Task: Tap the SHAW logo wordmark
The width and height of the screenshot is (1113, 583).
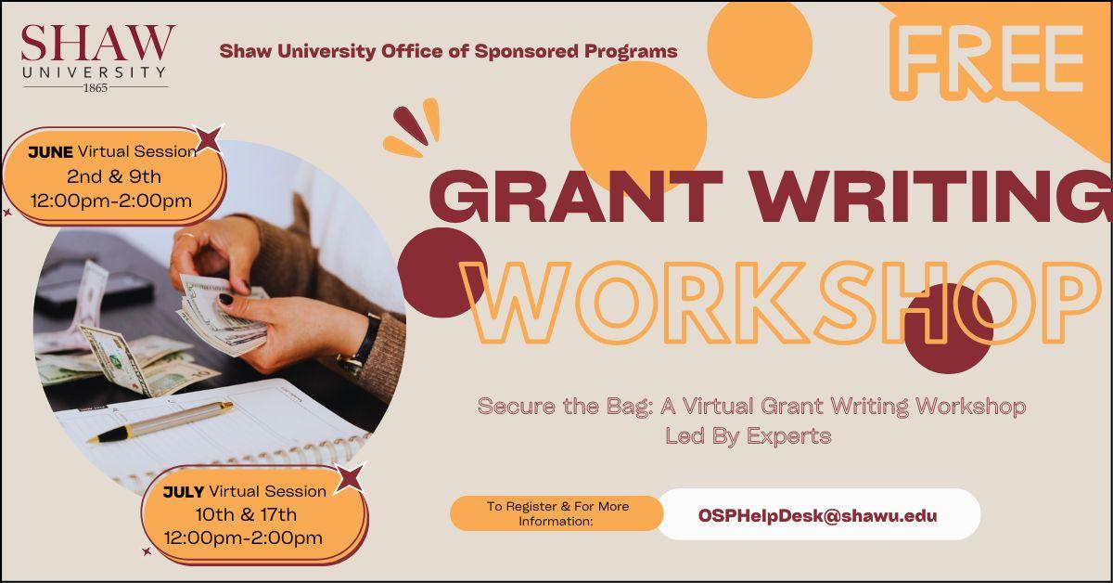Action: (x=97, y=43)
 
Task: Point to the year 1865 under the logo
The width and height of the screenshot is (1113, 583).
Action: (x=96, y=88)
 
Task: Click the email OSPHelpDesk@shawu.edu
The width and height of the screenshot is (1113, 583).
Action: (x=818, y=515)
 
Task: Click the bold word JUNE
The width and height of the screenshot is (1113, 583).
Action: (x=50, y=152)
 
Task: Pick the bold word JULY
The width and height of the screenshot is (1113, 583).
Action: (x=183, y=491)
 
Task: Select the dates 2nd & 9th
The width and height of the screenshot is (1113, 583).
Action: (x=113, y=175)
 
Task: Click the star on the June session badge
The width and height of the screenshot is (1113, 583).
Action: (x=210, y=139)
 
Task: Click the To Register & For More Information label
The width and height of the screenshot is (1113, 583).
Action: (x=557, y=513)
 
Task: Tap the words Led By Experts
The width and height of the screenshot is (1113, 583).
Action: (x=748, y=435)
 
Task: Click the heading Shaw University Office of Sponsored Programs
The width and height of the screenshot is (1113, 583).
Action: (x=448, y=51)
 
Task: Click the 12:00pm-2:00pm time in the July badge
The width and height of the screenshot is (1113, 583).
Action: (x=243, y=538)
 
